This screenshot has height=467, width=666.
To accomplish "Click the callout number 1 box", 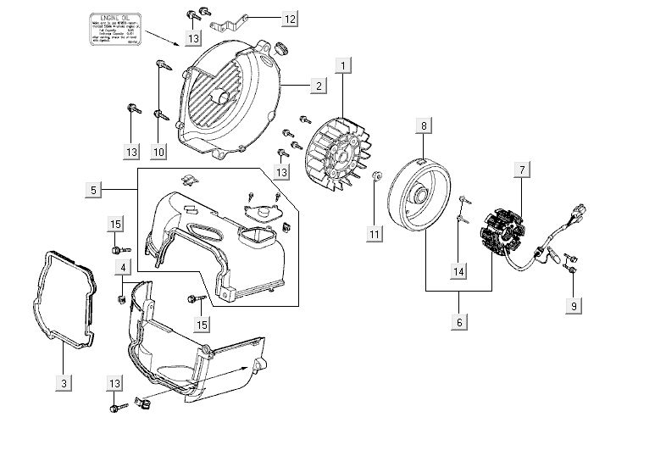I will (x=342, y=65).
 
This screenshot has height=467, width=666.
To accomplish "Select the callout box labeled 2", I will (x=318, y=86).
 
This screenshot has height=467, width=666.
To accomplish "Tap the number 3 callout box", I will (x=64, y=384).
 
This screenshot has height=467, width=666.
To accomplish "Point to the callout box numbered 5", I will (x=94, y=191).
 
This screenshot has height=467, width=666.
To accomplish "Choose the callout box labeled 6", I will (x=458, y=322).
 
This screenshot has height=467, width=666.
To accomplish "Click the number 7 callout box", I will (x=523, y=171).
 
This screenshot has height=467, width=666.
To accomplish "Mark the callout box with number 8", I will (x=423, y=126).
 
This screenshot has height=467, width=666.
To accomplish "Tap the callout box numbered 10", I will (x=158, y=151).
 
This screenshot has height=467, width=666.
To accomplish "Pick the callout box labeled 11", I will (x=373, y=232).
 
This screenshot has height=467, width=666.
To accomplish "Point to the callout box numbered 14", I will (x=458, y=271).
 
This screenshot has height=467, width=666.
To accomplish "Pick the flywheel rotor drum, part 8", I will (x=421, y=195).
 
